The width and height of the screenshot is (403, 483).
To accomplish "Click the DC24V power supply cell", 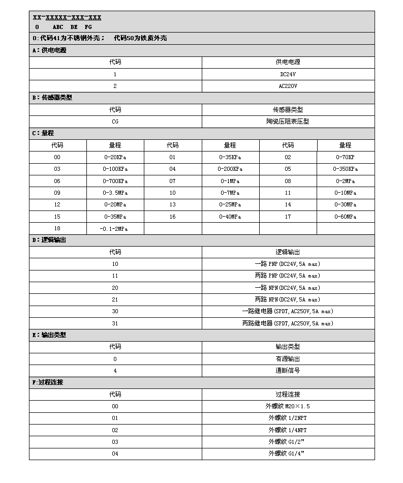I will point(288,74).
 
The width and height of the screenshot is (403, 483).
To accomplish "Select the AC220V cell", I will point(288,86).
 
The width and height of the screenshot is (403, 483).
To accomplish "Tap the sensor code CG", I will point(115,122).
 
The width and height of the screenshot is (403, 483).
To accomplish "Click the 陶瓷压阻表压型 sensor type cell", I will point(288,122).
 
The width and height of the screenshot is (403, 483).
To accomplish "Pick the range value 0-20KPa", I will point(115,157).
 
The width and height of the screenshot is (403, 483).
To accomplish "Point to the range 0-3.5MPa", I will point(115,193).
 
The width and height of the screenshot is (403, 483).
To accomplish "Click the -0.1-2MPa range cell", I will point(115,228).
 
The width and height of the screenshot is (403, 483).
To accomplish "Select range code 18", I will point(57,228).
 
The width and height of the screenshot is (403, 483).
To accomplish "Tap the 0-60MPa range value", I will point(346,217).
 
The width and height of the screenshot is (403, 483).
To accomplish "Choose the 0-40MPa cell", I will point(230,217).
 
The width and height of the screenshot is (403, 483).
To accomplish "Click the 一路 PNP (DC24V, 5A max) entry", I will point(288,264).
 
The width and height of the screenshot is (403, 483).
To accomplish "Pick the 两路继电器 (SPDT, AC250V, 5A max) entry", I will point(288,323).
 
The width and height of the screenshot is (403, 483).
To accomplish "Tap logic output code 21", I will point(115,299).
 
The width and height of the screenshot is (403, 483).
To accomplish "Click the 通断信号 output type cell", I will point(288,371).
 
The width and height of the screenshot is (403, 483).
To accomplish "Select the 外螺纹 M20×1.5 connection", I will point(288,406).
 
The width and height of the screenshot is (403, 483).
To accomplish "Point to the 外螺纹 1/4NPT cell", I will point(288,430).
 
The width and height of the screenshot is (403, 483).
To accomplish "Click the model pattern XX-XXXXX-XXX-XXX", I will point(67,18).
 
